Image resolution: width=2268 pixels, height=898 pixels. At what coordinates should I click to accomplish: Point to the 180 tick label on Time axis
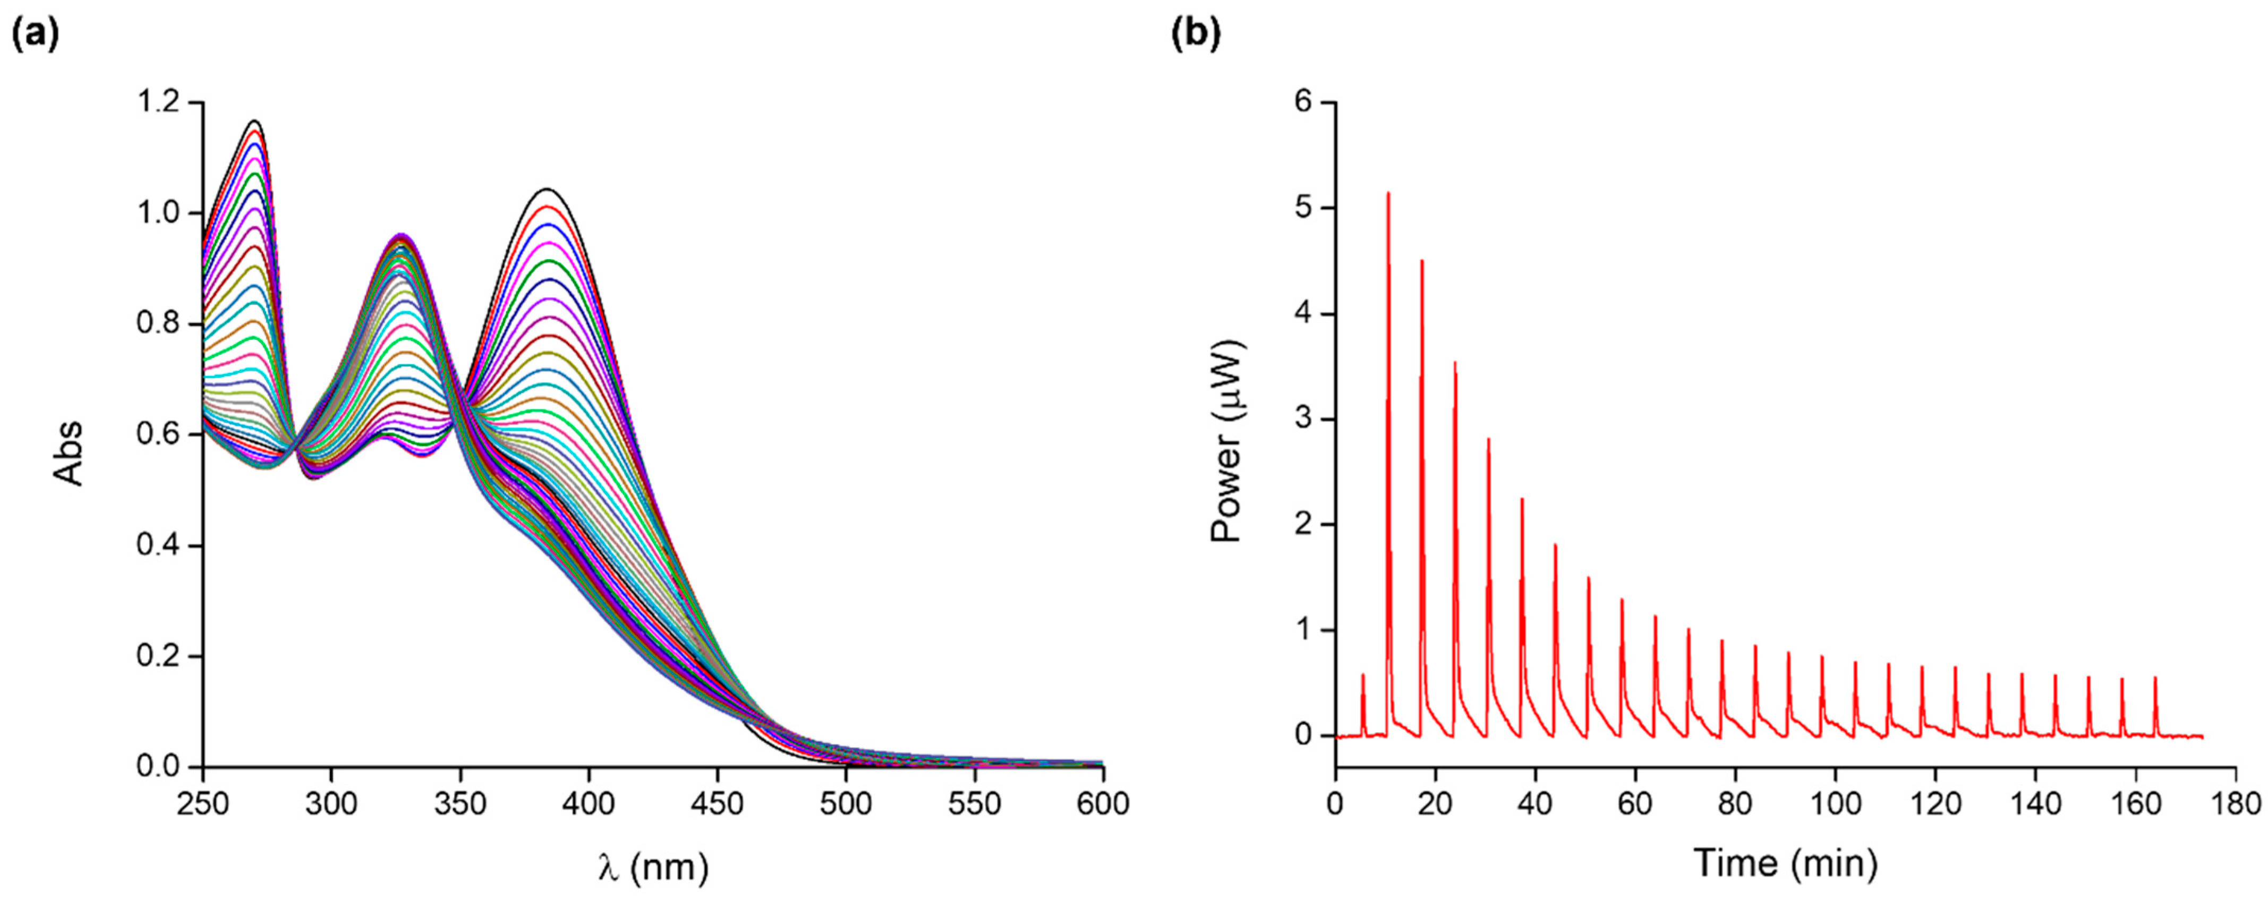pyautogui.click(x=2236, y=804)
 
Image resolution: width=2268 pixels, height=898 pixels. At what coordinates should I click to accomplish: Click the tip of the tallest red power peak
pyautogui.click(x=1388, y=193)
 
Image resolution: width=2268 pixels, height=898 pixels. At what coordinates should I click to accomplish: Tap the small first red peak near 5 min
pyautogui.click(x=1363, y=675)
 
